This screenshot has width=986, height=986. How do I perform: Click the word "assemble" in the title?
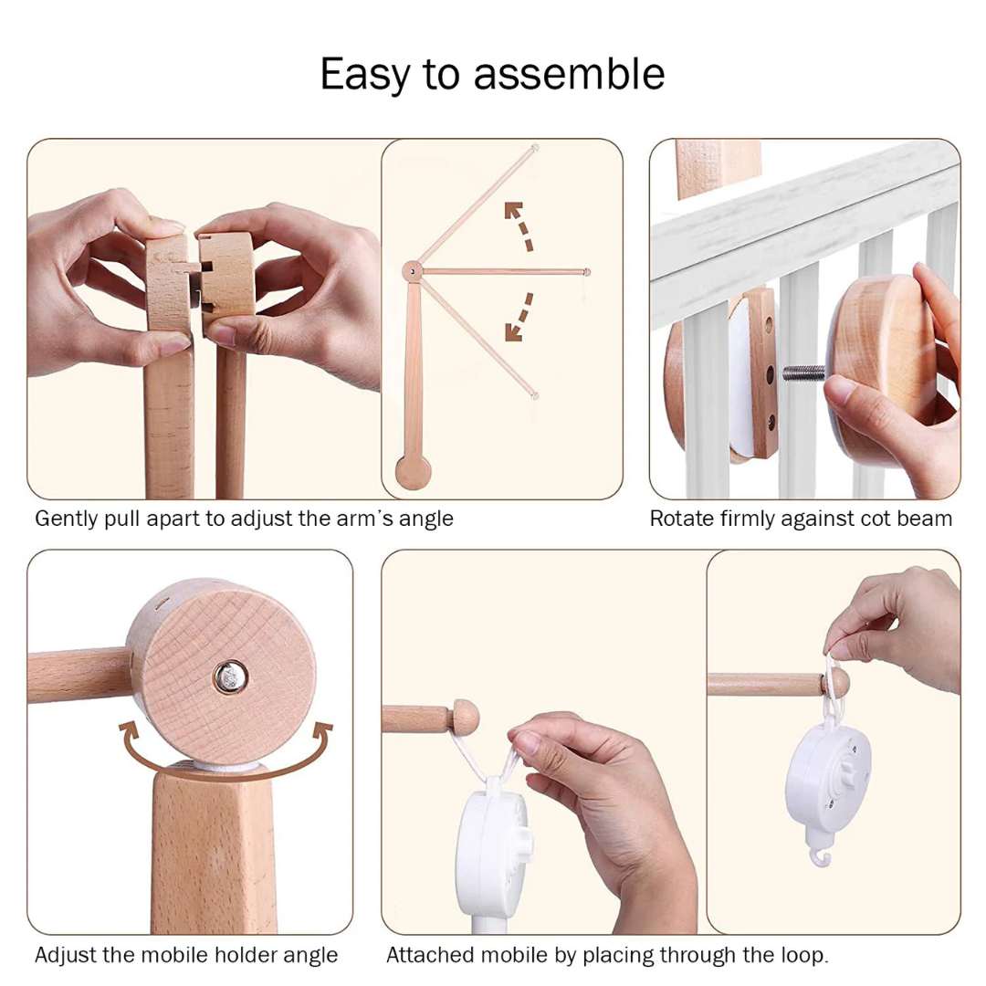pos(569,74)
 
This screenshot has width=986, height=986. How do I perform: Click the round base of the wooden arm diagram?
pos(414,472)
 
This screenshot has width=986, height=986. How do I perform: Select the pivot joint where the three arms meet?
pos(412,272)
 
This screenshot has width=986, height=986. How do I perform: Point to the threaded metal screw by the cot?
pos(803,372)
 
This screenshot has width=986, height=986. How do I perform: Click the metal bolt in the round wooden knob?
pos(230,677)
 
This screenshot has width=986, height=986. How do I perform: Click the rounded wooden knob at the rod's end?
pos(466,717)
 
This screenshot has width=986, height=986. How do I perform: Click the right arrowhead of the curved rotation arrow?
pos(323,733)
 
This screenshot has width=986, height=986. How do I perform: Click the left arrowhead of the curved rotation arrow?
pos(129,733)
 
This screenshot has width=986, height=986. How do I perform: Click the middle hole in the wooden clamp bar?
pos(770,375)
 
